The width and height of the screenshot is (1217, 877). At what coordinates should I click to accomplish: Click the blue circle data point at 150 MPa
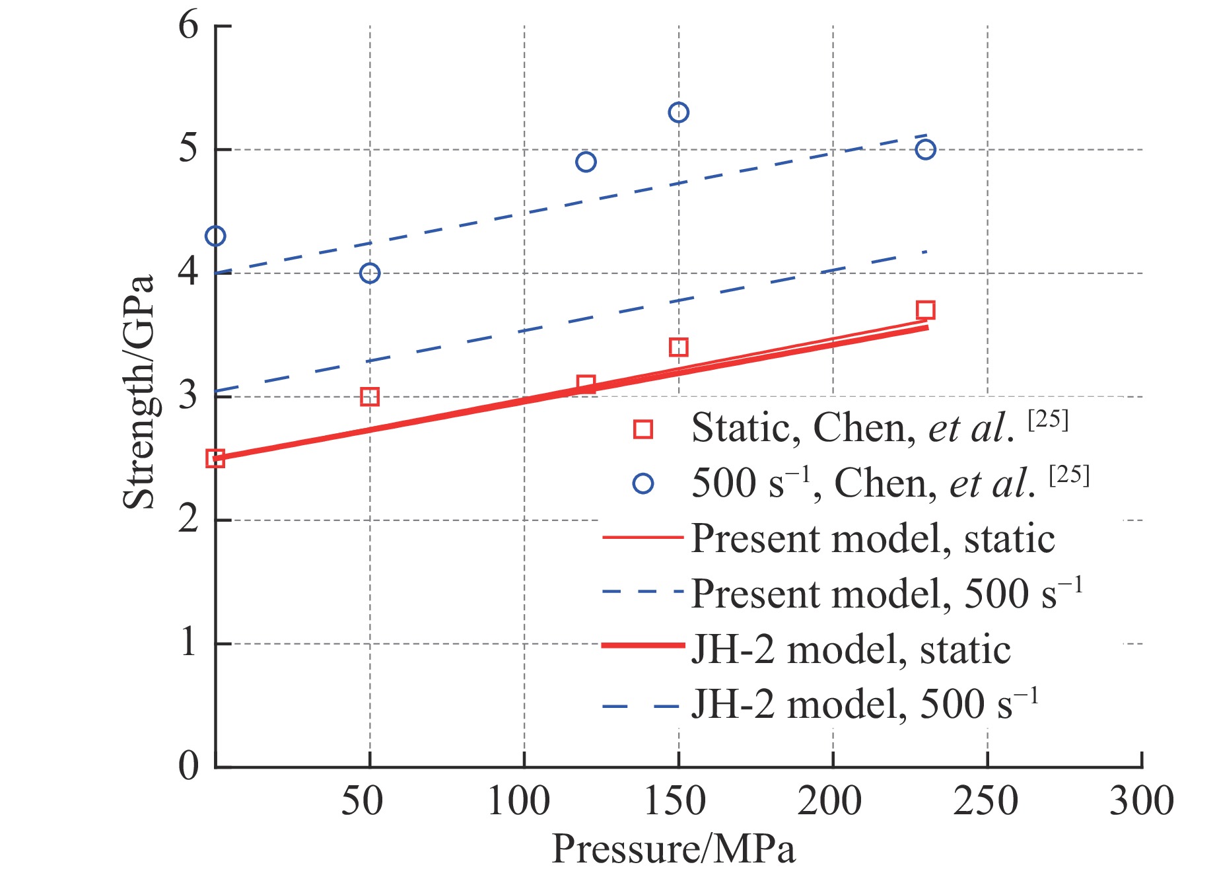click(678, 112)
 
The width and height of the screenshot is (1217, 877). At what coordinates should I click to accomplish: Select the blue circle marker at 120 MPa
click(586, 162)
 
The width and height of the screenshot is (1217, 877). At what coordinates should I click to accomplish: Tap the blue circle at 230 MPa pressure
click(926, 150)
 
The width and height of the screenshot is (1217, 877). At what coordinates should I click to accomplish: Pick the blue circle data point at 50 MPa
click(370, 273)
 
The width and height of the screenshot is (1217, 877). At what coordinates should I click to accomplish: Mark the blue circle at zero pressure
click(215, 236)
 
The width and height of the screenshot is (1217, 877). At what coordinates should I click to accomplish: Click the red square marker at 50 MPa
click(370, 397)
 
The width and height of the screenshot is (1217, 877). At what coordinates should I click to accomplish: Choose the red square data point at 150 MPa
click(678, 347)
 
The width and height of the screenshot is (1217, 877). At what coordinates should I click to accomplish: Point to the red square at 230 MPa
click(926, 310)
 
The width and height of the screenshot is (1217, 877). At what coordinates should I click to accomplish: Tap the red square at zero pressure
click(215, 458)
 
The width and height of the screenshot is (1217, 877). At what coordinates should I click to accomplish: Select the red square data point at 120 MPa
click(586, 384)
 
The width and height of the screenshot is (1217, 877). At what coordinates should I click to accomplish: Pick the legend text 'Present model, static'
click(872, 539)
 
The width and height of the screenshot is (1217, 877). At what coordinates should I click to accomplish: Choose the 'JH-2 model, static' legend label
click(851, 650)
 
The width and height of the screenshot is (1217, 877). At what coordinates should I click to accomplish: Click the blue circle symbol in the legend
click(643, 484)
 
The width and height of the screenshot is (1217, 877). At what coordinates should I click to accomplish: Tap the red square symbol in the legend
click(643, 429)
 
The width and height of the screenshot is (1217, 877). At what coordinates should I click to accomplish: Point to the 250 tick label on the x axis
click(986, 801)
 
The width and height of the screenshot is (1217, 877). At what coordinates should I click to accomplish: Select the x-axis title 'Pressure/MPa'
click(674, 849)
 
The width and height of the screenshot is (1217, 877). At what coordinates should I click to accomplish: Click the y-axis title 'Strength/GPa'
click(139, 391)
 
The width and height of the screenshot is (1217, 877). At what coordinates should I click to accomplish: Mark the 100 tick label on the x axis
click(519, 801)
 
